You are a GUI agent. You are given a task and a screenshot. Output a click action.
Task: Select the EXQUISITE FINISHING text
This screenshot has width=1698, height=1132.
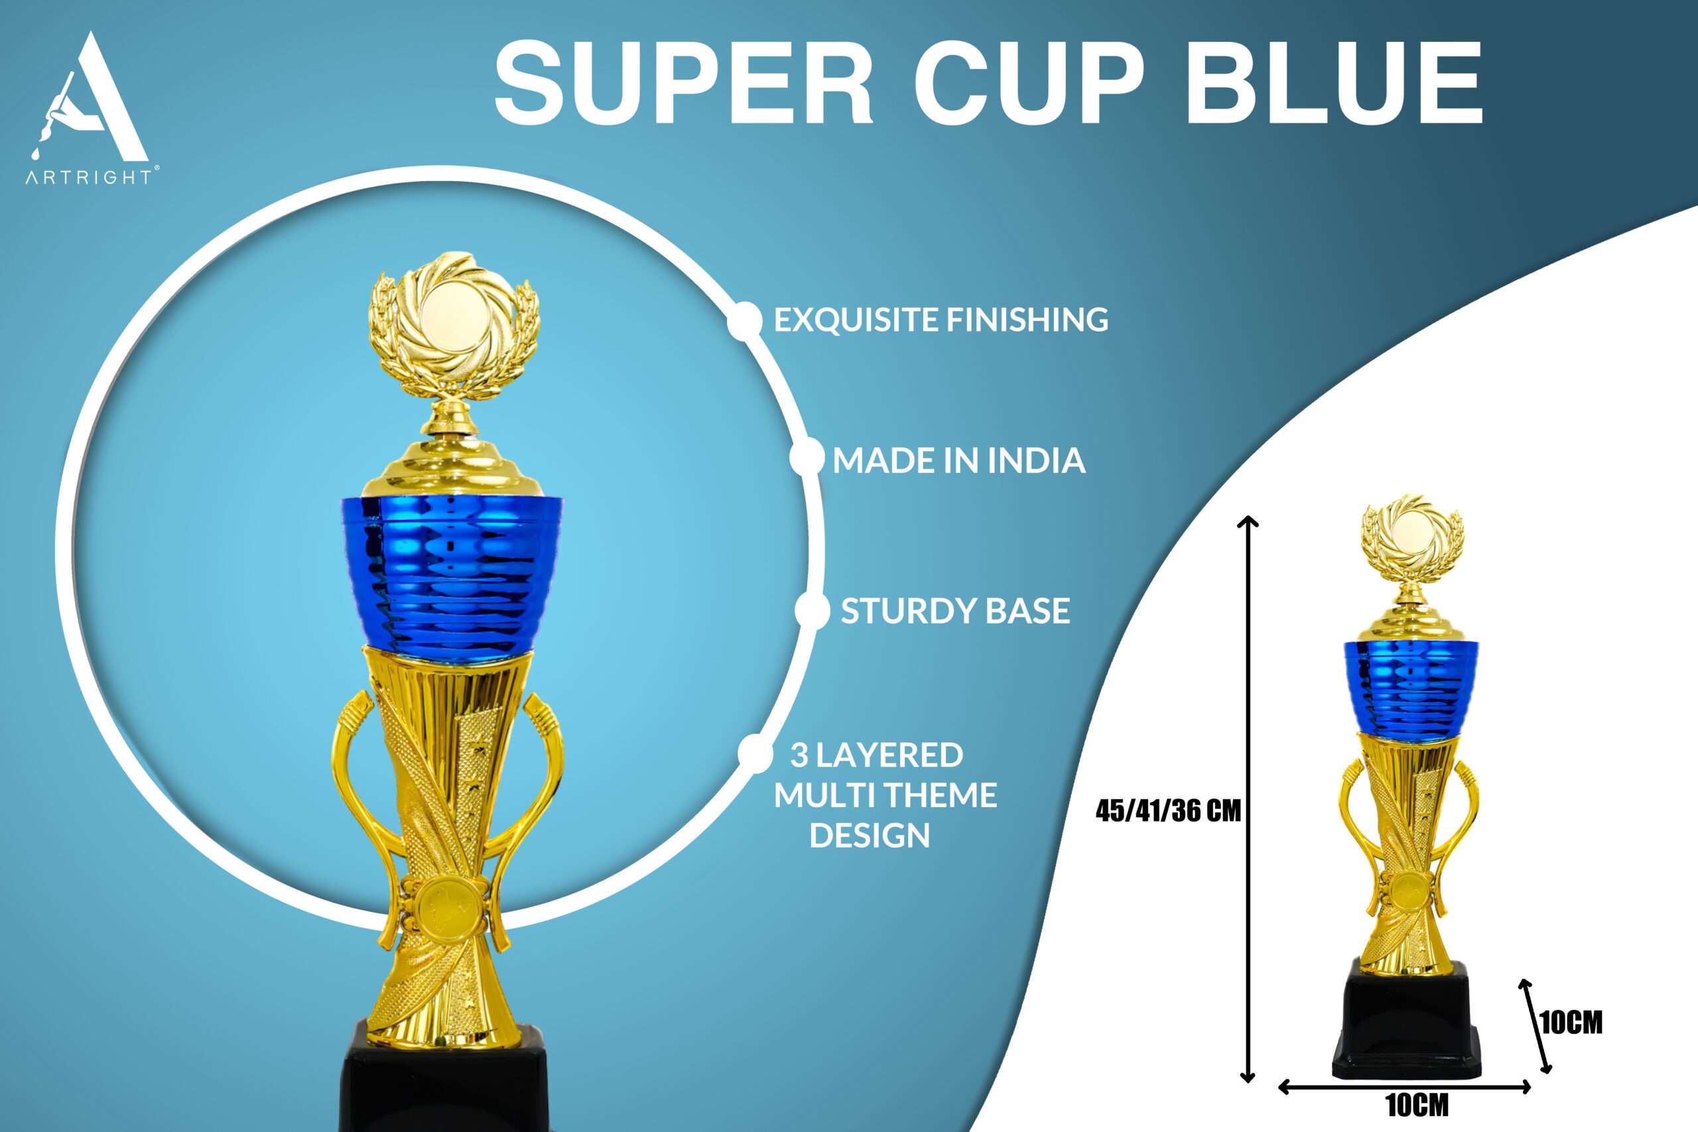(941, 319)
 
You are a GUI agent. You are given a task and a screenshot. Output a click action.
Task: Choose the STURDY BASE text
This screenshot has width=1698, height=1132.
(955, 611)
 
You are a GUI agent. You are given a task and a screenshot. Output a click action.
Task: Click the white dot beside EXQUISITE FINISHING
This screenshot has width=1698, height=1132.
(744, 320)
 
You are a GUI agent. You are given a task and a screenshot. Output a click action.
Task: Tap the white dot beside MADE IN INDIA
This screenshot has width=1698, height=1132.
(807, 458)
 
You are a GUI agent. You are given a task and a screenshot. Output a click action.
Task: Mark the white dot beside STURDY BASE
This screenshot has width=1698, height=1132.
(812, 611)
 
